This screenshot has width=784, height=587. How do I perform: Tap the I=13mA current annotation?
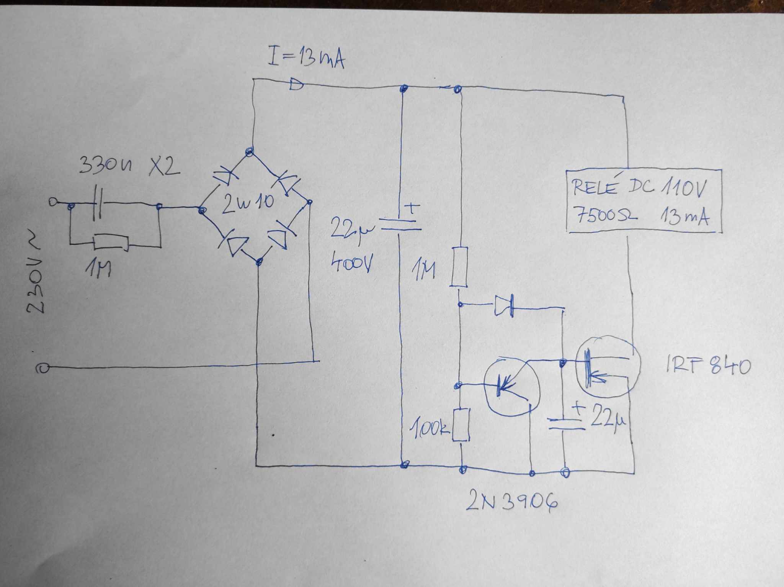pos(307,57)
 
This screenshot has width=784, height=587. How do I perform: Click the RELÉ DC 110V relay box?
pos(644,201)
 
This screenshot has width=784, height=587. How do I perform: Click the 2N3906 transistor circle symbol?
pos(511,387)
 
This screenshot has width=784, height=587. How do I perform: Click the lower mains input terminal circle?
pos(43,368)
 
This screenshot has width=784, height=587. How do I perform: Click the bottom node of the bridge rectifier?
pos(259,262)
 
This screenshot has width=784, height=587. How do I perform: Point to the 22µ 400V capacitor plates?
pos(399,225)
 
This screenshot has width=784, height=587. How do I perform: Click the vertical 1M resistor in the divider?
pos(459,267)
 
